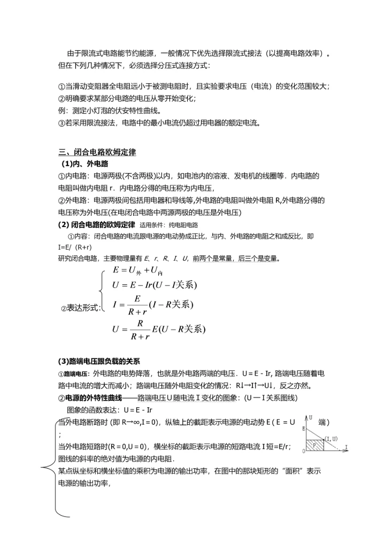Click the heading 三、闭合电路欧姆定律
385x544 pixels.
[x=97, y=153]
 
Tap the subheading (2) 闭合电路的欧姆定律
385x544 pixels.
[x=96, y=224]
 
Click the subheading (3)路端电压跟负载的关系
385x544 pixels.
[x=99, y=361]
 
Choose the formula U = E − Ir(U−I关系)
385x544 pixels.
[x=155, y=285]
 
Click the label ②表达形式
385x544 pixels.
[x=80, y=308]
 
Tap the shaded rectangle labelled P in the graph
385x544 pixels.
[x=315, y=445]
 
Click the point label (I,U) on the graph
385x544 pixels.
[x=331, y=439]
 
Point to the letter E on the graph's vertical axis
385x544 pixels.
[x=304, y=429]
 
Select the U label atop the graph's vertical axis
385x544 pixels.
[x=311, y=416]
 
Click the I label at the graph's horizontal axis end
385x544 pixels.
[x=346, y=446]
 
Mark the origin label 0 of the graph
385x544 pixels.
[x=303, y=452]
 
